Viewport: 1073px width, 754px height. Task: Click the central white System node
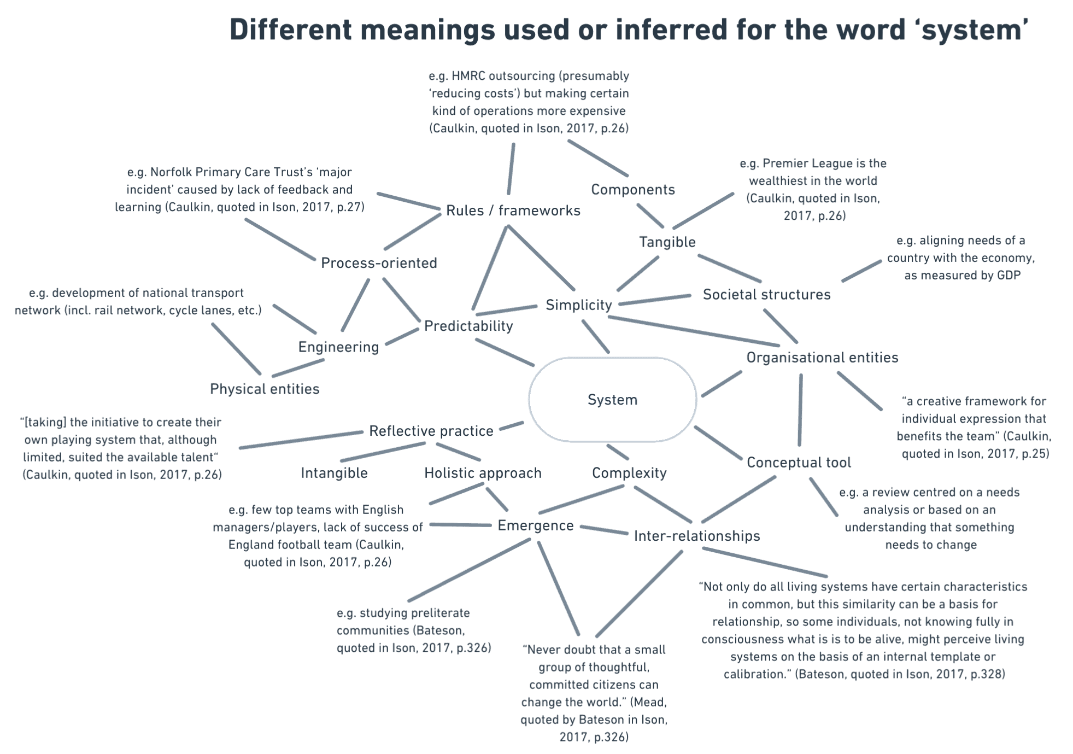click(612, 400)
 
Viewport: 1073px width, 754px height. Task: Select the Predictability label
click(468, 326)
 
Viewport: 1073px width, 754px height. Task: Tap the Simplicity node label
click(578, 305)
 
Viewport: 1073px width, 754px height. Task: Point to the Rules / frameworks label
click(513, 211)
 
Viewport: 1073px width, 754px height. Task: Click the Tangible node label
click(667, 242)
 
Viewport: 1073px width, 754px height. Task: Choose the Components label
click(632, 190)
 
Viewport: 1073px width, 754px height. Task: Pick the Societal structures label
click(766, 295)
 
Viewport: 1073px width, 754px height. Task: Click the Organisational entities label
click(822, 358)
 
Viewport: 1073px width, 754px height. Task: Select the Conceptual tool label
click(799, 463)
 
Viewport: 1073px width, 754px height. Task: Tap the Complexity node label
click(629, 473)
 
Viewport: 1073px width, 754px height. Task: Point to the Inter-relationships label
click(696, 536)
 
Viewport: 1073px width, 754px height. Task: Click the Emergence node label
click(535, 525)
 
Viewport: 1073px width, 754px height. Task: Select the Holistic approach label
click(482, 473)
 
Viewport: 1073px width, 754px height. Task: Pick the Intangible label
click(334, 473)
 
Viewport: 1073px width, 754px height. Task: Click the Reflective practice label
click(431, 431)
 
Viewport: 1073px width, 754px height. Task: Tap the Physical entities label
click(265, 389)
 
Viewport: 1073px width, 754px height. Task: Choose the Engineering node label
click(338, 347)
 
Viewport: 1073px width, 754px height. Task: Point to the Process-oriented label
click(379, 263)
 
